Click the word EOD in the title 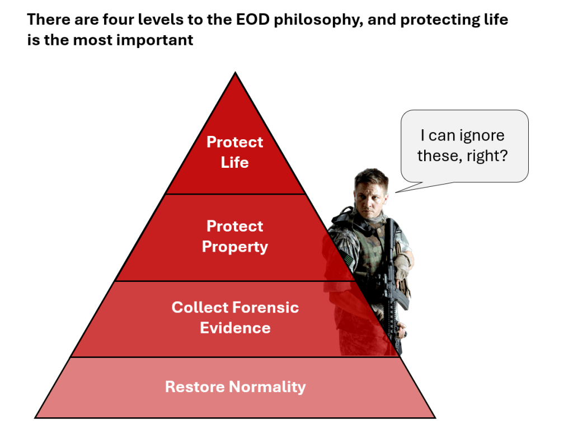252,20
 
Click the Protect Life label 234,152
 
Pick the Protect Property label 235,236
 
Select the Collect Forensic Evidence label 236,317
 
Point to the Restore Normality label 236,387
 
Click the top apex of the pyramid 236,72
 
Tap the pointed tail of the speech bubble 396,192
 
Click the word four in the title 118,20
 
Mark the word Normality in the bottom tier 268,387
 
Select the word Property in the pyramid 235,247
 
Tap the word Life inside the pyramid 234,163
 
